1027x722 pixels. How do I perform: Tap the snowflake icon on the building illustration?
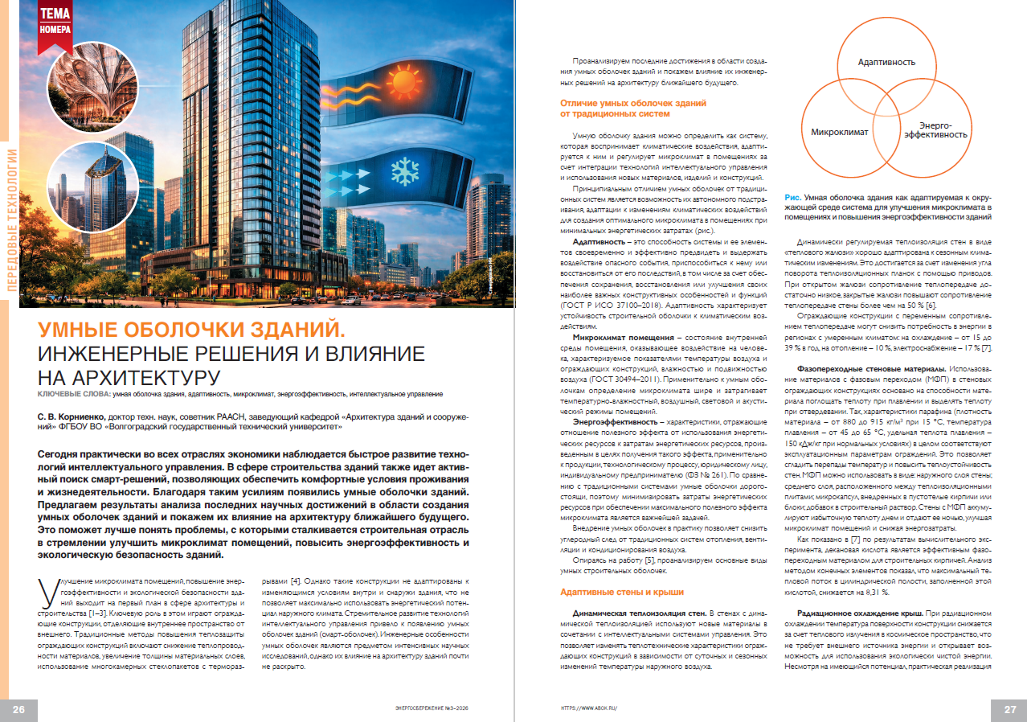[x=402, y=171]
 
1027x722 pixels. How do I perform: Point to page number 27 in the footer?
[x=1010, y=708]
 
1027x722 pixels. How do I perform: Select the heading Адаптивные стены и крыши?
[x=622, y=593]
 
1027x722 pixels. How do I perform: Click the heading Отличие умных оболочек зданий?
[x=633, y=104]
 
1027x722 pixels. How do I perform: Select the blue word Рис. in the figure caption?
[x=792, y=197]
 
